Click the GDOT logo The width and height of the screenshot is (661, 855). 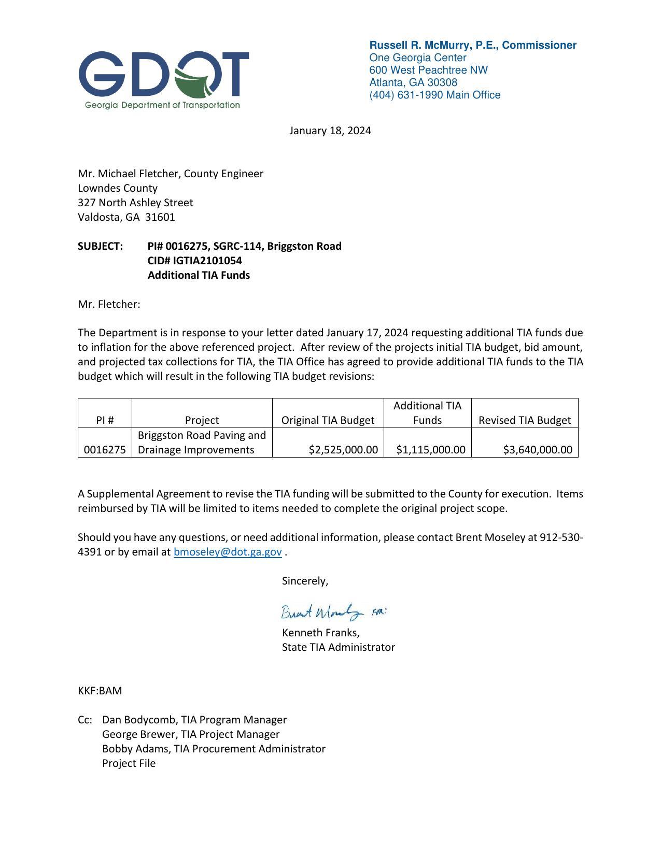pos(163,79)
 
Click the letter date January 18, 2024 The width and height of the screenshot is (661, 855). pos(330,131)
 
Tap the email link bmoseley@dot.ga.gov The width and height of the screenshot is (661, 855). pos(228,552)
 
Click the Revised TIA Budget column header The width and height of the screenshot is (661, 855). pos(524,420)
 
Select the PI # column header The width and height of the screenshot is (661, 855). pos(105,420)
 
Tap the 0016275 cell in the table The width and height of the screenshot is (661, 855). pos(105,450)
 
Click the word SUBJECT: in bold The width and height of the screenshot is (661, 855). pos(101,246)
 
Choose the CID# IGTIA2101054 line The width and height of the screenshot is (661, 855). pos(194,261)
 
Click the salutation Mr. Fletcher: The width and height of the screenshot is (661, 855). pos(109,304)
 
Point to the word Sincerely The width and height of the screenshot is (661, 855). pos(305,581)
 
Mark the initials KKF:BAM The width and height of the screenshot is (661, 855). pos(100,691)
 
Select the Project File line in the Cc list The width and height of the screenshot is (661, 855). pos(129,763)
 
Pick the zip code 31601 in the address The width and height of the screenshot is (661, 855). pos(160,217)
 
